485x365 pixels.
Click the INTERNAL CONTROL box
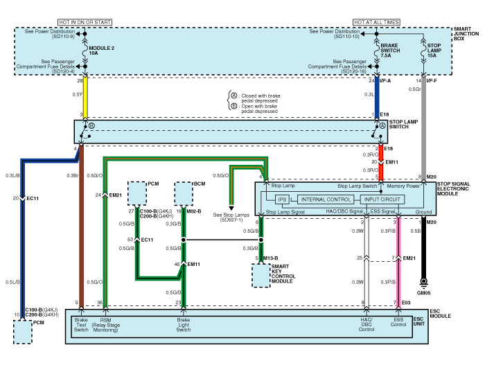[x=326, y=199]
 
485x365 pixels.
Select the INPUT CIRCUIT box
[x=381, y=199]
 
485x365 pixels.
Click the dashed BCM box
[x=184, y=191]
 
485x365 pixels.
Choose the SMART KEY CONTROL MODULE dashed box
[x=261, y=276]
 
